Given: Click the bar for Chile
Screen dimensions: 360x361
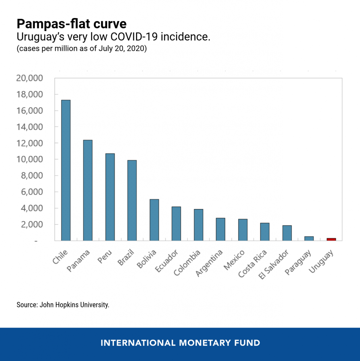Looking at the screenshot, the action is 66,170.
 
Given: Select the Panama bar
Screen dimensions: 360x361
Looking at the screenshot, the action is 88,190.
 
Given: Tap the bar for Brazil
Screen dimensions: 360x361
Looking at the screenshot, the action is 132,201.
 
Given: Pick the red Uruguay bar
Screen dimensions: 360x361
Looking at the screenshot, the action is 331,239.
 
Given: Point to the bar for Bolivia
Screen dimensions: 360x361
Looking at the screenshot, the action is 154,220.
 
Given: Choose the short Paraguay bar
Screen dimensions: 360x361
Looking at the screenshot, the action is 309,239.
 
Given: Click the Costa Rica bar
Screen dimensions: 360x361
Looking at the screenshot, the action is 265,232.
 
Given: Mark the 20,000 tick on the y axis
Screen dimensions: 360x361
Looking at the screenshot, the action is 30,78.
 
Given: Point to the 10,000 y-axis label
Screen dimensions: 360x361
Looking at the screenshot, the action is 30,159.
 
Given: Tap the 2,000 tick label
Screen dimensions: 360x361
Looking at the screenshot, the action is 32,225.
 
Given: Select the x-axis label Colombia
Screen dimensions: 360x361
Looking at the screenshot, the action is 187,263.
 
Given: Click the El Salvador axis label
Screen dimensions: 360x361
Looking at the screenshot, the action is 273,264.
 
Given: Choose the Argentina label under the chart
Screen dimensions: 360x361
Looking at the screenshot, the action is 209,263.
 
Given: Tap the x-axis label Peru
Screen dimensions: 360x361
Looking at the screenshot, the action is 105,257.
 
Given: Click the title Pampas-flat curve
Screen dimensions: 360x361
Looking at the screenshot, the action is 72,24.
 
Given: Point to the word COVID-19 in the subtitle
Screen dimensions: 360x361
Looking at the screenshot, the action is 134,37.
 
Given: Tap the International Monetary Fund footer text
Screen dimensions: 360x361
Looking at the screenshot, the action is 180,343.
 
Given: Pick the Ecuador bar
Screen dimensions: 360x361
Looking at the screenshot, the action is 176,224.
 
